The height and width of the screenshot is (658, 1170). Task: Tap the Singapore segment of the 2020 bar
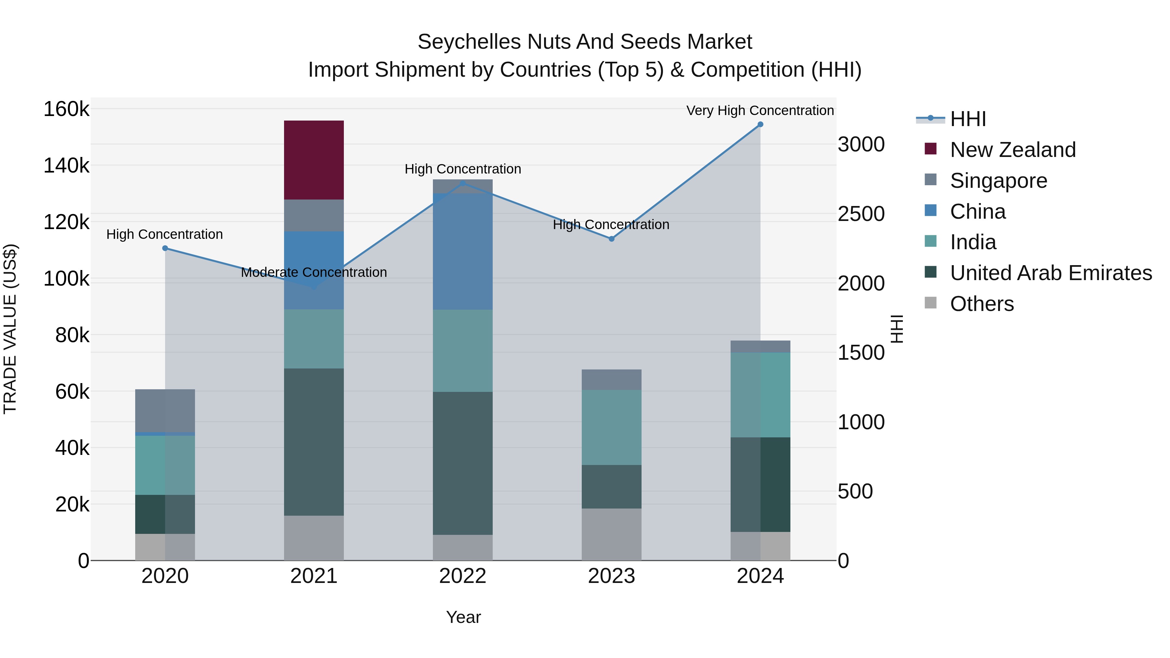165,410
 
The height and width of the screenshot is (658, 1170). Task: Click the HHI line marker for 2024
760,124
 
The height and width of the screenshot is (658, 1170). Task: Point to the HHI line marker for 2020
165,248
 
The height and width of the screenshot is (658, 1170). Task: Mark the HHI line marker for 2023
611,239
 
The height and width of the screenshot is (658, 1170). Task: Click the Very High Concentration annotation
760,110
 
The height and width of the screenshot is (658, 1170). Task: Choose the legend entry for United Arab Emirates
1050,273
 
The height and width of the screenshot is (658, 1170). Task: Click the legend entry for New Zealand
1013,150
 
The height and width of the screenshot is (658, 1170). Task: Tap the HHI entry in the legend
968,119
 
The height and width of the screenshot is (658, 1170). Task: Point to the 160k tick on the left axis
66,110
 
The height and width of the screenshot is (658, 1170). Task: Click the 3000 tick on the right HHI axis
861,144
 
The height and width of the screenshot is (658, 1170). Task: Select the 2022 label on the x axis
462,576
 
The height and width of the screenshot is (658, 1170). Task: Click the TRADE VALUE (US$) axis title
10,329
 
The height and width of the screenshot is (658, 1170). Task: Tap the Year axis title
463,617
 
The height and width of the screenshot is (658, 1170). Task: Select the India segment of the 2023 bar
611,427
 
